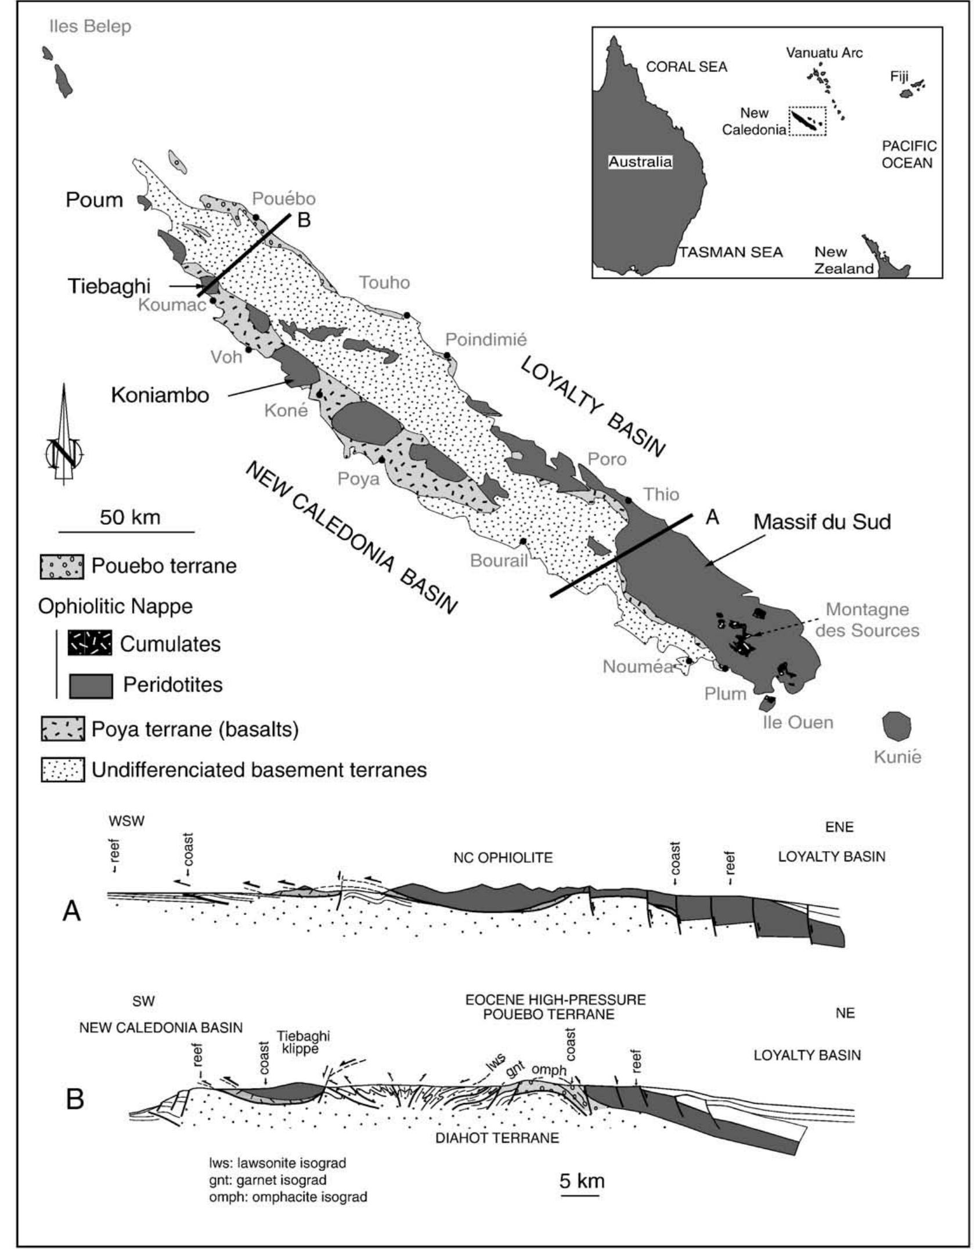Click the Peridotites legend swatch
click(x=91, y=685)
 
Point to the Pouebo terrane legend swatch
click(x=62, y=566)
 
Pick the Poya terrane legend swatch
click(x=62, y=729)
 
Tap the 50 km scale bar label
click(x=129, y=517)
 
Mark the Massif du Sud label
click(x=822, y=521)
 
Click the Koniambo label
click(x=160, y=395)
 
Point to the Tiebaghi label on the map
click(x=109, y=286)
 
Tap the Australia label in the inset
click(x=640, y=162)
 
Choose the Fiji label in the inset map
click(x=899, y=76)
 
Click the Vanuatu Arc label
click(x=824, y=53)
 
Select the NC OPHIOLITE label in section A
click(x=503, y=857)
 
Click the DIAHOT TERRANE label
click(x=497, y=1137)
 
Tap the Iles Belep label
click(x=90, y=26)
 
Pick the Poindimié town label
click(x=485, y=339)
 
